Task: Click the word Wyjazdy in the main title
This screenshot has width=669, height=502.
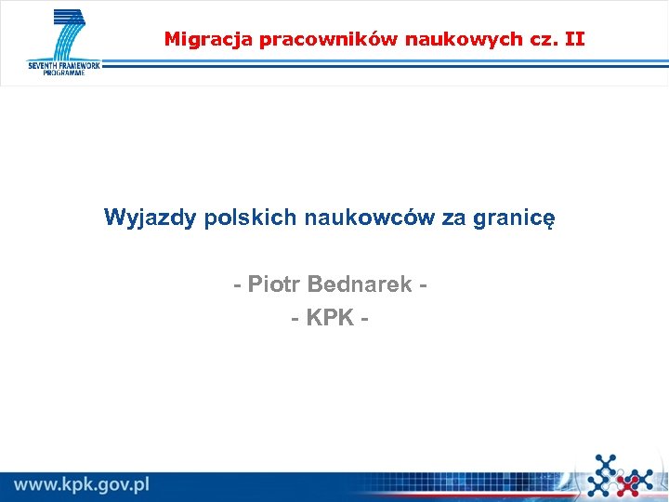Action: coord(150,218)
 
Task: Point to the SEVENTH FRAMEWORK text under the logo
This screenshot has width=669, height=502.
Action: coord(63,65)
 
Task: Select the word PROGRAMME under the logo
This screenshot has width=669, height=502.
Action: coord(63,73)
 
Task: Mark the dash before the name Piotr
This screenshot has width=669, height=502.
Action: coord(238,284)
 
